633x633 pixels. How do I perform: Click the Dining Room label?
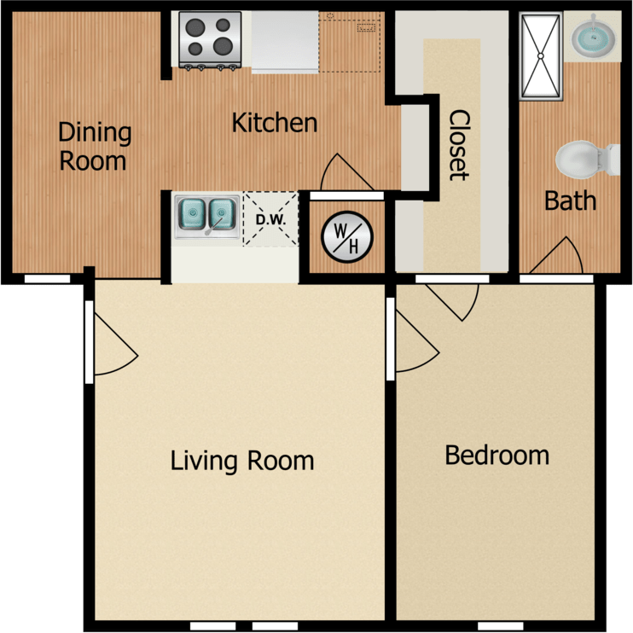pyautogui.click(x=94, y=146)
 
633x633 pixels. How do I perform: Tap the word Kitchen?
pyautogui.click(x=275, y=123)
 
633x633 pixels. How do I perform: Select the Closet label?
pyautogui.click(x=459, y=145)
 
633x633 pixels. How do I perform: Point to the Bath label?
pyautogui.click(x=570, y=201)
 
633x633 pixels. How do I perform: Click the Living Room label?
pyautogui.click(x=242, y=461)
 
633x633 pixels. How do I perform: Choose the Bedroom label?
pyautogui.click(x=497, y=455)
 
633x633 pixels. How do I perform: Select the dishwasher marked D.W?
pyautogui.click(x=270, y=218)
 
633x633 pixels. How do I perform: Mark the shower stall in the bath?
pyautogui.click(x=541, y=53)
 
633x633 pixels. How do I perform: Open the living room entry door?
pyautogui.click(x=111, y=341)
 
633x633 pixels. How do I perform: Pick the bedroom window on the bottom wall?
pyautogui.click(x=495, y=626)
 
